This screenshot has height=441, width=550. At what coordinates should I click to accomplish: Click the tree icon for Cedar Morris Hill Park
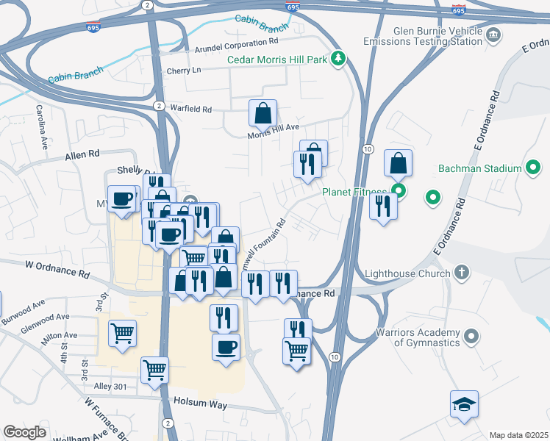click(x=338, y=59)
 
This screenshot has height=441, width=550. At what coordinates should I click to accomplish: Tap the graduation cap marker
click(x=464, y=404)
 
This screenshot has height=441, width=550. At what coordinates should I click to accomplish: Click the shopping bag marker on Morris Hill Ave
click(x=262, y=113)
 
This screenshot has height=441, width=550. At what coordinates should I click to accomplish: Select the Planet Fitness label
click(x=354, y=193)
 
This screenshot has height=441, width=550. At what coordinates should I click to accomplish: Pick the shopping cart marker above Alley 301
click(x=154, y=370)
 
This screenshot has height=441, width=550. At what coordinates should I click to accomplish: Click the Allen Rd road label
click(x=82, y=155)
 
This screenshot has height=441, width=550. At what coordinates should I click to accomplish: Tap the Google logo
click(x=24, y=432)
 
